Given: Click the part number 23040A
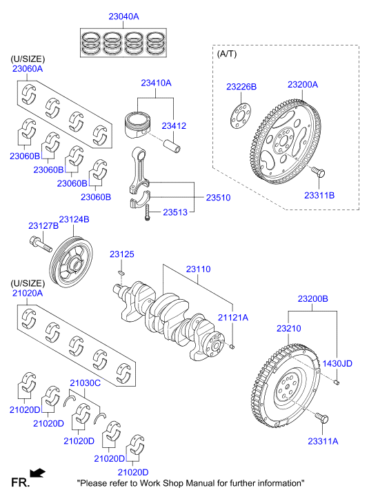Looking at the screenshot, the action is (x=123, y=17).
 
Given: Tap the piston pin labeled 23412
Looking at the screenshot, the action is (x=172, y=145).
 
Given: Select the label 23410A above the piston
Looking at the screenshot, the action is (x=156, y=83).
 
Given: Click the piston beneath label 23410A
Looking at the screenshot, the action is (x=137, y=125).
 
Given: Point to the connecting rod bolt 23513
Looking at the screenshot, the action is (x=147, y=212).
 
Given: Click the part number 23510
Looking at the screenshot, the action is (x=218, y=198).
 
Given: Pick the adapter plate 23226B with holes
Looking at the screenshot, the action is (x=241, y=116).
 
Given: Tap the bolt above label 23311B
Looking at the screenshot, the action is (x=319, y=172).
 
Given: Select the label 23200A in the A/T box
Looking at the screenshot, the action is (x=303, y=85).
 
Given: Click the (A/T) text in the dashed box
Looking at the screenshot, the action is (x=227, y=54).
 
